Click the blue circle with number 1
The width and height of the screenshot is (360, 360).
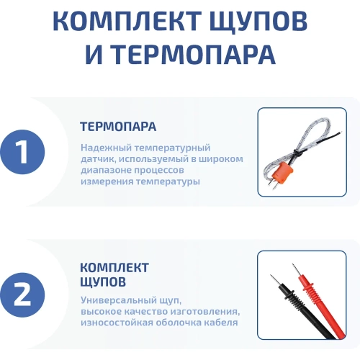pos(22,152)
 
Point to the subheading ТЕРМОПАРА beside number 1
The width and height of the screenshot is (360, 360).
pos(118,127)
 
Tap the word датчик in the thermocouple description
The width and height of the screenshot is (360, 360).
pos(97,159)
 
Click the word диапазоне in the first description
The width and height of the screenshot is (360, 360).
pos(105,171)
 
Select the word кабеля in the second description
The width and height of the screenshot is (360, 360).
pos(221,322)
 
